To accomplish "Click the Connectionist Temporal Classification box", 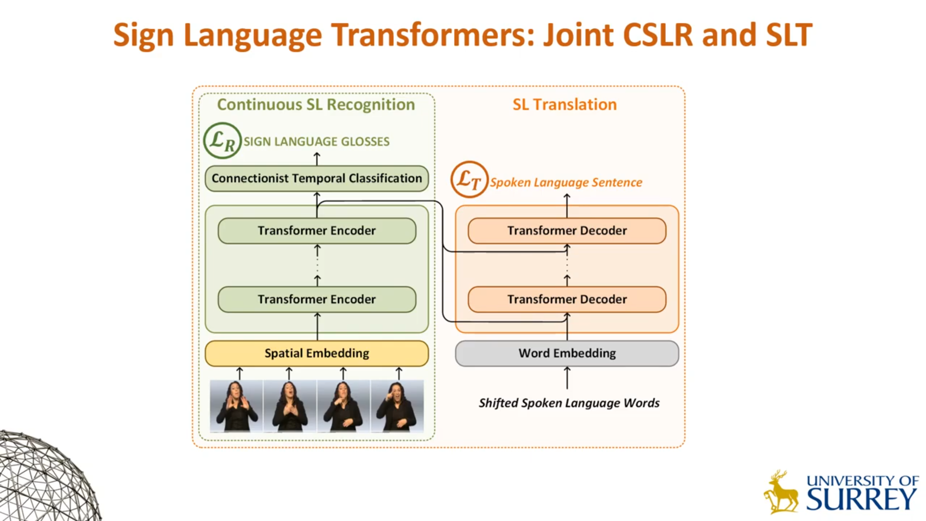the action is coord(316,178).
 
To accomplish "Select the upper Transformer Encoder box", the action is coord(316,231).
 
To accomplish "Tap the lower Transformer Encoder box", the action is coord(316,299).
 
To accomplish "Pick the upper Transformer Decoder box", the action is coord(567,231).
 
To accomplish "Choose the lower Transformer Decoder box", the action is coord(567,299).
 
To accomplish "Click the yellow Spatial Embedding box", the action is coord(316,353).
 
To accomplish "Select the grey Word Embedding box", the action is coord(567,353).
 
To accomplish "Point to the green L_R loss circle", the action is coord(222,140).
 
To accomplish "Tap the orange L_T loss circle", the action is coord(469,179).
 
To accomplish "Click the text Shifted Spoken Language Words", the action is coord(569,403).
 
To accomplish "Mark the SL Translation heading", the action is coord(564,105).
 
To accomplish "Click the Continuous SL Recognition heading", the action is coord(316,105).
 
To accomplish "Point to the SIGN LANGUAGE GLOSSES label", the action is coord(316,141).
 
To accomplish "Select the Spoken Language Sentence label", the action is coord(566,182).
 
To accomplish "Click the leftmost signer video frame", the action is coord(236,405).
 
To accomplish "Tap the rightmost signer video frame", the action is coord(397,405).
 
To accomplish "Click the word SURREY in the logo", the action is coord(861,499).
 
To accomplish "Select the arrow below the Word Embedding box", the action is coord(567,377).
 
